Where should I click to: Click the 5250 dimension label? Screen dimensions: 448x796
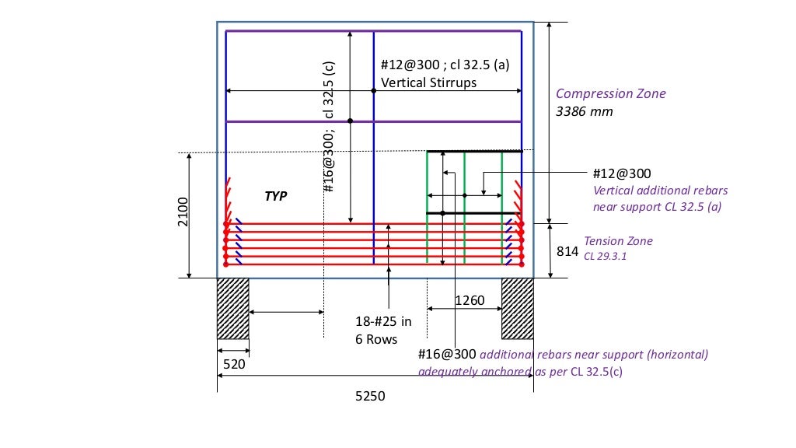(x=370, y=396)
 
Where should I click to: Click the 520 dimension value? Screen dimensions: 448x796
(x=235, y=363)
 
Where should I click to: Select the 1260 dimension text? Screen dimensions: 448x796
(x=470, y=300)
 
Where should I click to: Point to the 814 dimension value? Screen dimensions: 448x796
(x=567, y=251)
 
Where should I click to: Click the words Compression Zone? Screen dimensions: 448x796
(x=611, y=93)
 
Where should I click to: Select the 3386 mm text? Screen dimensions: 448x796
(x=584, y=111)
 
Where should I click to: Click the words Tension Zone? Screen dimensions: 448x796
(x=619, y=241)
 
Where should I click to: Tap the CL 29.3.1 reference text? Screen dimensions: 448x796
(x=606, y=254)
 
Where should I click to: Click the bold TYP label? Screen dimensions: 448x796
(x=276, y=197)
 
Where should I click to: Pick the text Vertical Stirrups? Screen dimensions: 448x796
(x=428, y=82)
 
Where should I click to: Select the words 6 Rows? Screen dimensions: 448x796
(x=377, y=339)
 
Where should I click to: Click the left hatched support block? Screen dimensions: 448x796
(x=232, y=309)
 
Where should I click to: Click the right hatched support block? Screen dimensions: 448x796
(x=517, y=309)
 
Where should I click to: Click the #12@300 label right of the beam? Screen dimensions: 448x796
(x=622, y=173)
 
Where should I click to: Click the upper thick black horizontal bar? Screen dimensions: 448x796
(x=474, y=151)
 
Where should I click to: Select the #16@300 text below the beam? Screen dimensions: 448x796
(x=446, y=354)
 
